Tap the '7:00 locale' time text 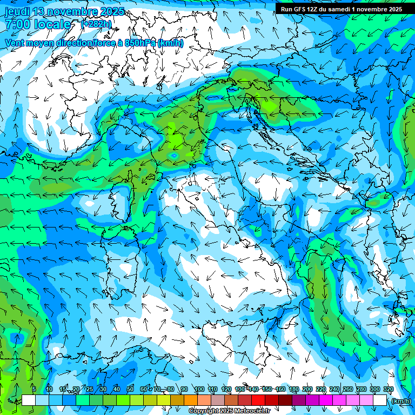point(38,24)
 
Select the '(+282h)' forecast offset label point(96,24)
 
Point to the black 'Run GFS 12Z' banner point(340,9)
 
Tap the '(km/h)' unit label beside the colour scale point(401,401)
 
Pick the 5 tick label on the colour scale point(34,390)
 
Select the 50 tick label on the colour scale point(130,390)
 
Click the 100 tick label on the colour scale point(199,390)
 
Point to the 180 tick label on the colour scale point(293,390)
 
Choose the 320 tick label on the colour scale point(388,390)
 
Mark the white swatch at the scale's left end point(29,400)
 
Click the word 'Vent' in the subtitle point(15,43)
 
